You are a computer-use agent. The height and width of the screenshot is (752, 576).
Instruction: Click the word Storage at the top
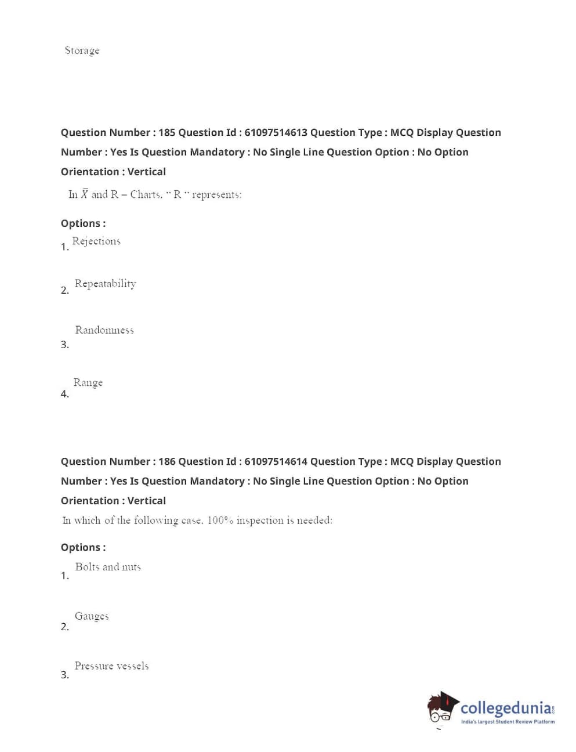tap(82, 50)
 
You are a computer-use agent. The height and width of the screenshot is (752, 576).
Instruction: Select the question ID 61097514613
tap(276, 132)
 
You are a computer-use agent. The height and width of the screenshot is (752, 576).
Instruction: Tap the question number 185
tap(166, 132)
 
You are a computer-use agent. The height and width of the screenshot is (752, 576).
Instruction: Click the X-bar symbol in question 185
tap(85, 194)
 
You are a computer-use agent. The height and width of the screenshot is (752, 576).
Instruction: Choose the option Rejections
tap(96, 241)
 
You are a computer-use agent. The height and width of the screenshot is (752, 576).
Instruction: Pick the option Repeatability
tap(105, 284)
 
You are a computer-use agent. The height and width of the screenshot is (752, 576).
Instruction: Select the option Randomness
tap(104, 330)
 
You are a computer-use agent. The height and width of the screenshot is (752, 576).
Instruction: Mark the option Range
tap(88, 382)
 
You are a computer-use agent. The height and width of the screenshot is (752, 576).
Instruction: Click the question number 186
tap(166, 461)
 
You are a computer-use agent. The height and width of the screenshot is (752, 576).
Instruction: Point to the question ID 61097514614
tap(276, 461)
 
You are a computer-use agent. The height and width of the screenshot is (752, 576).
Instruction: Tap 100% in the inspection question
tap(220, 520)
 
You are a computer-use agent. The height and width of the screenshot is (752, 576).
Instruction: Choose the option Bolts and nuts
tap(108, 567)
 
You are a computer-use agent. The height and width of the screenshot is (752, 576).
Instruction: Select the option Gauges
tap(92, 616)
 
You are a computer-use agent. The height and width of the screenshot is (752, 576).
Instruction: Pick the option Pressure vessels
tap(111, 666)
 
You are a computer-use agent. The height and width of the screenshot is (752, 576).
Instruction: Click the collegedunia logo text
tap(506, 708)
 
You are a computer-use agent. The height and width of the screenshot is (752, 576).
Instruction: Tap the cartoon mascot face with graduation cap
tap(442, 708)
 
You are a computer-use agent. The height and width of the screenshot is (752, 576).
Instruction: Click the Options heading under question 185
tap(83, 223)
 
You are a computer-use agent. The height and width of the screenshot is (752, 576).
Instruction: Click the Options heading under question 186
tap(83, 547)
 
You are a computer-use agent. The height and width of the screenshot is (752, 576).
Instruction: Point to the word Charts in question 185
tap(146, 194)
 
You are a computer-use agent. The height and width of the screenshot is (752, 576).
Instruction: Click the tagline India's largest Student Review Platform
tap(508, 722)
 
